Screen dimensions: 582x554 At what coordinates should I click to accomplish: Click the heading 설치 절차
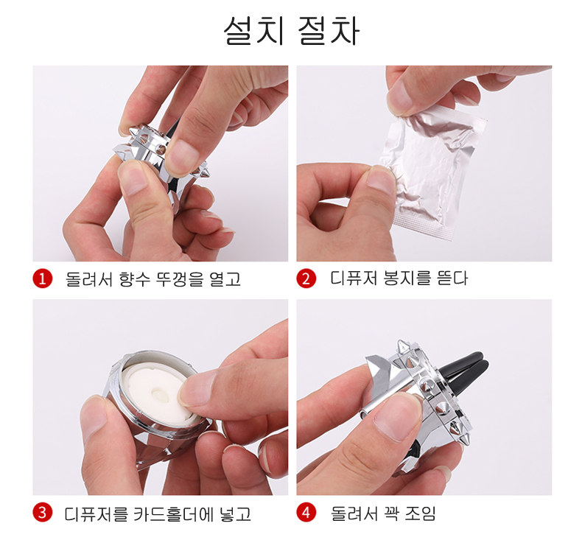(x=292, y=31)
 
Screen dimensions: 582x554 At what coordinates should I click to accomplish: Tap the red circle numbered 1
(x=42, y=278)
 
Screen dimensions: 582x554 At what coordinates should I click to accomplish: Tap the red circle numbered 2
(x=306, y=278)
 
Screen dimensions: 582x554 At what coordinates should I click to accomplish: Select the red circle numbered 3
(x=42, y=513)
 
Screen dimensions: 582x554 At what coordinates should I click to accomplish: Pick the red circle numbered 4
(x=306, y=513)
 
